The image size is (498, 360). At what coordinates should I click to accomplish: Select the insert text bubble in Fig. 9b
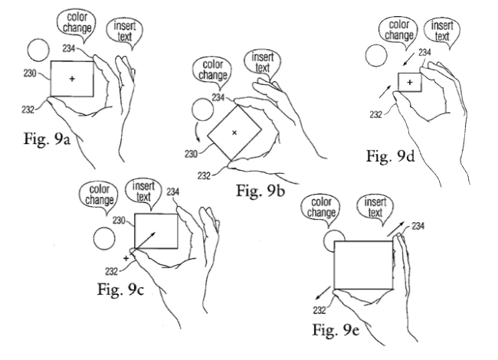[261, 64]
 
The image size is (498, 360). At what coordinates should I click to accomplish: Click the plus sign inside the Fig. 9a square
[72, 79]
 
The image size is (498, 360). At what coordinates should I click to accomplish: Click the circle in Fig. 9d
[375, 56]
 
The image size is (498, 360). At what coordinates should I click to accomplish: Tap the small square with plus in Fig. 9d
[410, 81]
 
